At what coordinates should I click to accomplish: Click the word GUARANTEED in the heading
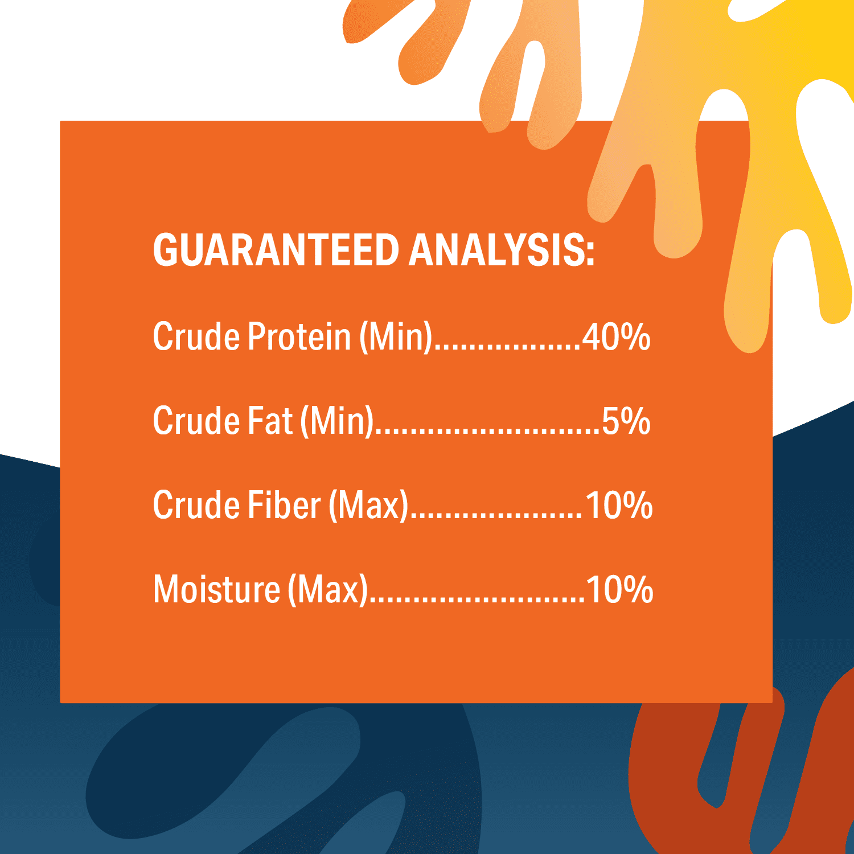point(276,250)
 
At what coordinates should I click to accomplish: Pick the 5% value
point(626,421)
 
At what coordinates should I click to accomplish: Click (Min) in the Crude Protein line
point(396,337)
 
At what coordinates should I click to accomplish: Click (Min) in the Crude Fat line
point(337,422)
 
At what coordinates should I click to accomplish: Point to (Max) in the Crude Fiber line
point(369,506)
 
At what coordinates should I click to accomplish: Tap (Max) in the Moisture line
point(328,590)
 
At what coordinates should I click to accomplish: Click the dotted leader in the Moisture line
point(477,600)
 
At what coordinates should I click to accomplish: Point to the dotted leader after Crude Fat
point(488,432)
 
